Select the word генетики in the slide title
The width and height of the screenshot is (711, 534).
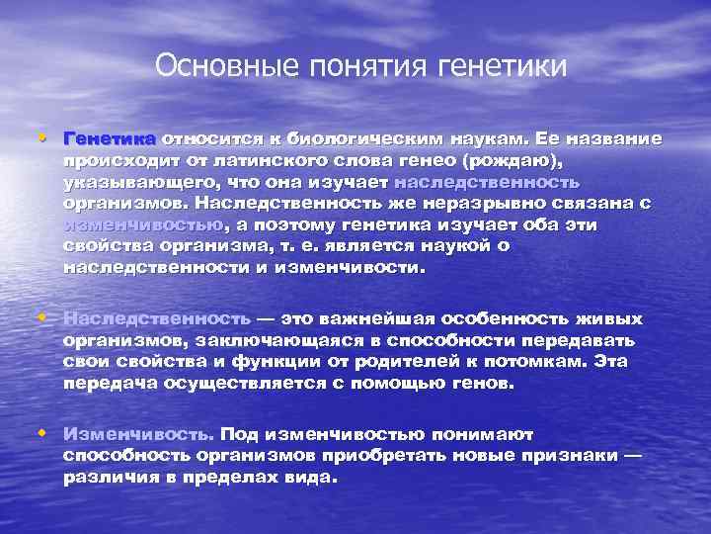[x=511, y=67]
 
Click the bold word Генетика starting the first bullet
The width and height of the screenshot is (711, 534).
[x=109, y=138]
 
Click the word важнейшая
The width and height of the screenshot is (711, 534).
[x=374, y=318]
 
